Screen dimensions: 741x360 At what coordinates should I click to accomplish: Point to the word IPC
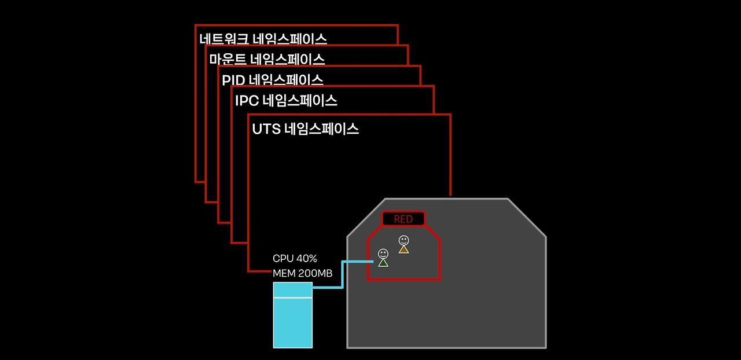tap(247, 101)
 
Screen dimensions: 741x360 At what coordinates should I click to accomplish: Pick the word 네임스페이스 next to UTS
tap(322, 129)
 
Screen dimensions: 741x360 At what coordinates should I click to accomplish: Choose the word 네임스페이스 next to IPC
tap(300, 101)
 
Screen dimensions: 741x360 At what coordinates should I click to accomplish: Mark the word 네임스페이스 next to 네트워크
tap(290, 39)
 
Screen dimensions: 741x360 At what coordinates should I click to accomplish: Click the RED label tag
tap(403, 219)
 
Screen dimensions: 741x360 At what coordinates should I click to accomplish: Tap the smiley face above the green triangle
tap(383, 254)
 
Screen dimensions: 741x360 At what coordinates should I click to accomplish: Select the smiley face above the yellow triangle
tap(403, 240)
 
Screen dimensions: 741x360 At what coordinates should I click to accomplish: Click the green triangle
tap(383, 263)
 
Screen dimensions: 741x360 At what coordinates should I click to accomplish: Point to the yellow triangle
tap(403, 249)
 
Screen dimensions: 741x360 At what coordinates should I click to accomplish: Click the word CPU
tap(283, 259)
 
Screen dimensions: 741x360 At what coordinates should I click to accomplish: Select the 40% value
tap(307, 259)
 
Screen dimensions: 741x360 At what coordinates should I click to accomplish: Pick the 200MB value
tap(315, 273)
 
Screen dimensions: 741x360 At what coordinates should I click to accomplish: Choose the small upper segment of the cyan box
tap(292, 290)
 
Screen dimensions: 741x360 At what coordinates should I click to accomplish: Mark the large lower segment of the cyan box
tap(292, 322)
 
